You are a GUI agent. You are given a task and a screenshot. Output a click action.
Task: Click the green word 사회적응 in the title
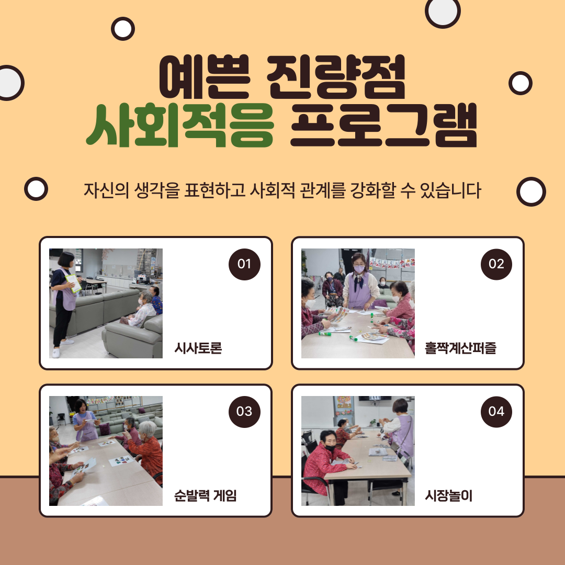[x=180, y=126]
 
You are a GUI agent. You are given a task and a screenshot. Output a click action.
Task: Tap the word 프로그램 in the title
[x=384, y=126]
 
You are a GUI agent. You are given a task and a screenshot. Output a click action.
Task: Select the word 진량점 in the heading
[x=336, y=77]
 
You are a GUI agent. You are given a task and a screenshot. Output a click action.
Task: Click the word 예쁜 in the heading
[x=205, y=77]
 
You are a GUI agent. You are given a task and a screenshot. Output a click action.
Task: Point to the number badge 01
[x=244, y=264]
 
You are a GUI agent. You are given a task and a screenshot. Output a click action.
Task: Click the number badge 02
[x=496, y=264]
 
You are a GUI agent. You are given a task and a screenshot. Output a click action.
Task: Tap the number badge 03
[x=244, y=412]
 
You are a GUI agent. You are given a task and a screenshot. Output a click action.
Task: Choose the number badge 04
[x=496, y=412]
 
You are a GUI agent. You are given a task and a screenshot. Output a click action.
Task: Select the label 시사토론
[x=198, y=348]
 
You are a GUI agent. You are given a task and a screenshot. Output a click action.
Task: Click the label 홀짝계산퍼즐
[x=460, y=348]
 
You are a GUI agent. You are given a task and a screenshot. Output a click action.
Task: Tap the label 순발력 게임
[x=206, y=495]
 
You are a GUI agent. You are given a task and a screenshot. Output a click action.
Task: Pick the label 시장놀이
[x=449, y=495]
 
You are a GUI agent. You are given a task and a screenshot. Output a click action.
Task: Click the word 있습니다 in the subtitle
[x=450, y=190]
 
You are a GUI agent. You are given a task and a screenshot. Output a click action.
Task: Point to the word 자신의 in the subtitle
[x=106, y=190]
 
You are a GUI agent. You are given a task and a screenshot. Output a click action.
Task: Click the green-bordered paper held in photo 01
[x=74, y=283]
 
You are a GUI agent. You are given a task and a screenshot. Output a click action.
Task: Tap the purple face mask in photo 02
[x=359, y=269]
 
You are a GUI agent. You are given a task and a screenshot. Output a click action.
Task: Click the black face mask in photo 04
[x=330, y=448]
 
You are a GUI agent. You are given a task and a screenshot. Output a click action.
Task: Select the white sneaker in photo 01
[x=56, y=353]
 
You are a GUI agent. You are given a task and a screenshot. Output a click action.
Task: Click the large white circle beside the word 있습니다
[x=531, y=191]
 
